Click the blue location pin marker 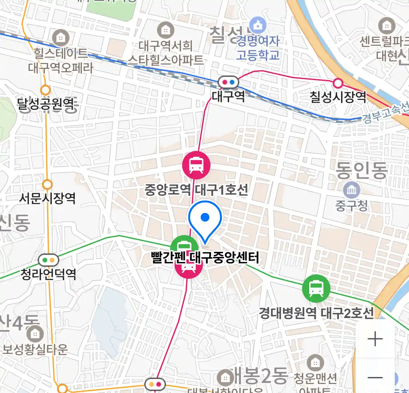click(x=205, y=220)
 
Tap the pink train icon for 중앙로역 click(x=196, y=165)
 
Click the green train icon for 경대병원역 click(x=316, y=289)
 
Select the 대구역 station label click(x=228, y=96)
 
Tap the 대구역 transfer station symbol click(x=228, y=82)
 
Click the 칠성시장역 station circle click(x=338, y=83)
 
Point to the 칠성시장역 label click(x=338, y=97)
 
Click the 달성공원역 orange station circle click(x=46, y=90)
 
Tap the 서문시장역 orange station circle click(x=47, y=184)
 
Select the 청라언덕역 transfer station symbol click(x=49, y=260)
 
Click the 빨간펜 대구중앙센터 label click(x=205, y=258)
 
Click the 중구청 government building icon click(x=352, y=190)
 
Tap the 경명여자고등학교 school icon click(x=258, y=25)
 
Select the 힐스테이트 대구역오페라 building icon click(x=61, y=37)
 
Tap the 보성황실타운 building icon click(x=35, y=334)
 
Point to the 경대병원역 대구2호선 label click(x=316, y=313)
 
